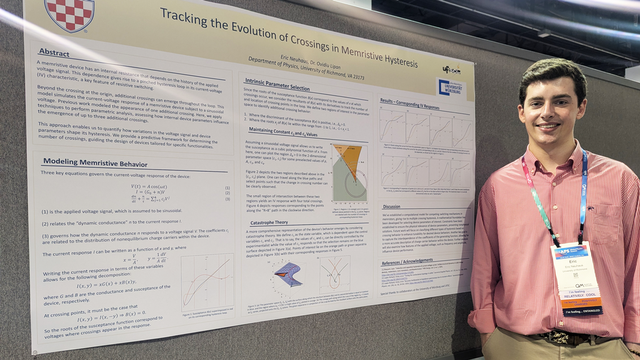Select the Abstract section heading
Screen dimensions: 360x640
(54, 52)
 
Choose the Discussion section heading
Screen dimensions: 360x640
(392, 206)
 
